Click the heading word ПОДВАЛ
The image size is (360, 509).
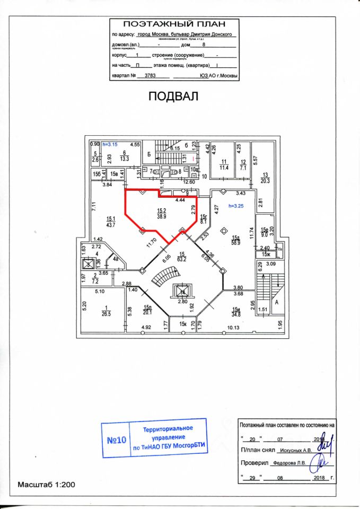[x=172, y=96]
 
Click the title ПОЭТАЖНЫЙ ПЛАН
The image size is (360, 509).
[x=174, y=24]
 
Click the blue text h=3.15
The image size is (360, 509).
[x=110, y=144]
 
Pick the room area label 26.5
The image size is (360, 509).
[x=106, y=313]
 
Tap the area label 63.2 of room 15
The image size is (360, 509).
[x=182, y=260]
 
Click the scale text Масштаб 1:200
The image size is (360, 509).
[x=47, y=485]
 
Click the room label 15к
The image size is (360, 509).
[x=183, y=323]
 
